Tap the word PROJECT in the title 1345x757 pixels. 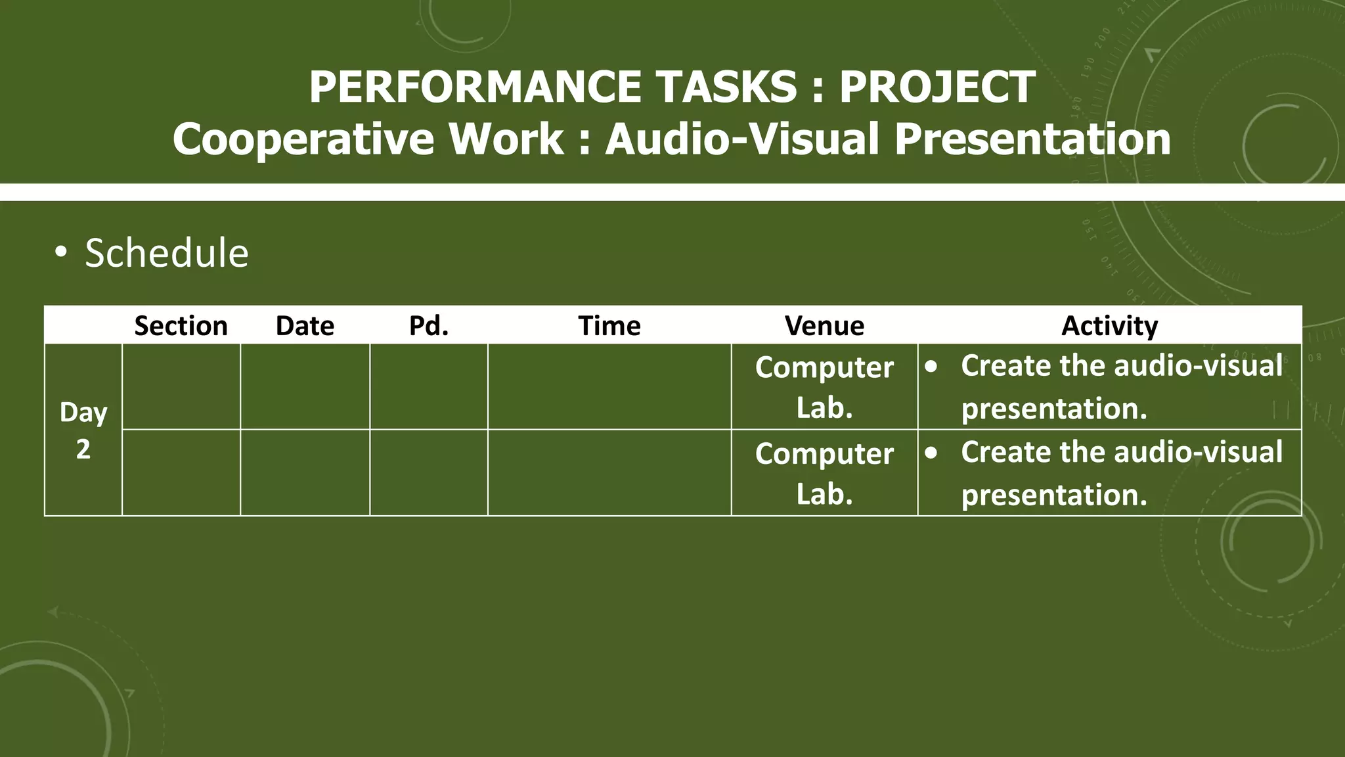click(x=937, y=87)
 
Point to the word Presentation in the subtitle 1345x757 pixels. click(x=1032, y=140)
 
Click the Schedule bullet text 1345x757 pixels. click(x=167, y=253)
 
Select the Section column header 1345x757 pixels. click(x=181, y=326)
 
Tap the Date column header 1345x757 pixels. click(x=305, y=326)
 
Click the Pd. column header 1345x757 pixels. click(x=429, y=326)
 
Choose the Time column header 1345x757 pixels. click(x=609, y=326)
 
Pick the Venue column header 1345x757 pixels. click(x=824, y=326)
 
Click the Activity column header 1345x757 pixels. click(x=1109, y=326)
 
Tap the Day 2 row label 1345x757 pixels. click(x=83, y=430)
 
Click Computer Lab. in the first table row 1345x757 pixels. click(x=824, y=387)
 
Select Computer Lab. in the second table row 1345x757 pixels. click(x=824, y=473)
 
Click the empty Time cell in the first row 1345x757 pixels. click(x=609, y=387)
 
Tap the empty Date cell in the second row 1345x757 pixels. click(x=305, y=473)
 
